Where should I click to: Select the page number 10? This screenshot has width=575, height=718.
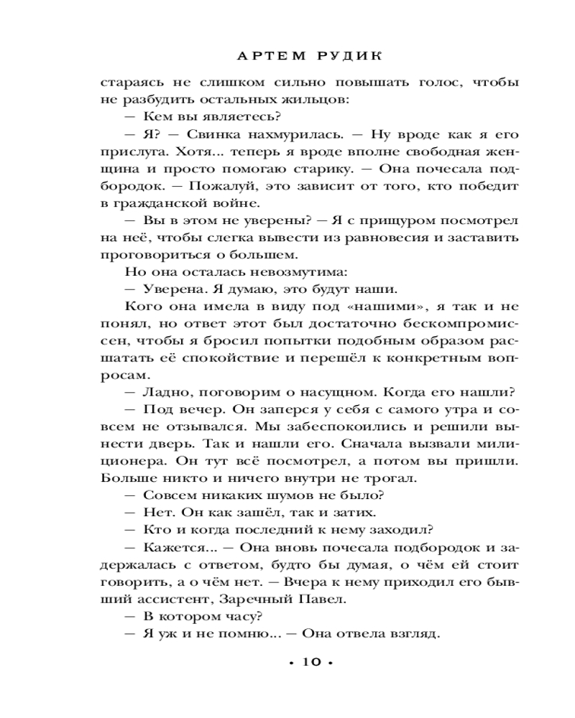point(307,662)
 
